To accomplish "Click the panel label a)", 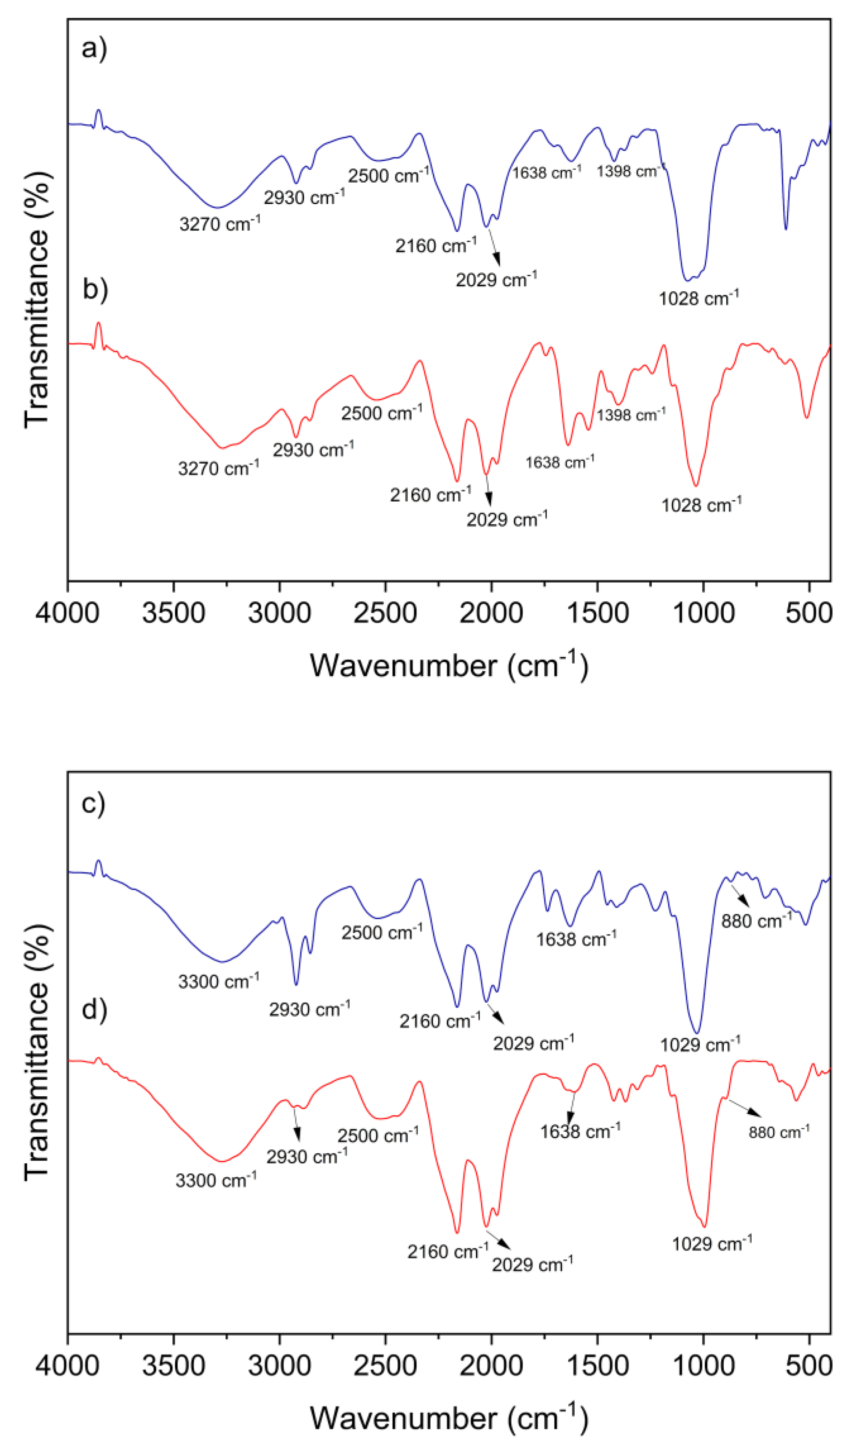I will (94, 48).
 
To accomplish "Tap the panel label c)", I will (94, 803).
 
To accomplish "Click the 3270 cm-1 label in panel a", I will (220, 223).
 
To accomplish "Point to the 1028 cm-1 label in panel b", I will (701, 505).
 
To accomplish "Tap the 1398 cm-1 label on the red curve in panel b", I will (631, 415).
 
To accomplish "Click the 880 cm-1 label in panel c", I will (756, 921).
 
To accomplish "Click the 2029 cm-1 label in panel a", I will (496, 280).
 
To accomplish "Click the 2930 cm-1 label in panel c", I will (309, 1009).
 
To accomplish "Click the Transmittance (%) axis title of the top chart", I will (37, 300).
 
